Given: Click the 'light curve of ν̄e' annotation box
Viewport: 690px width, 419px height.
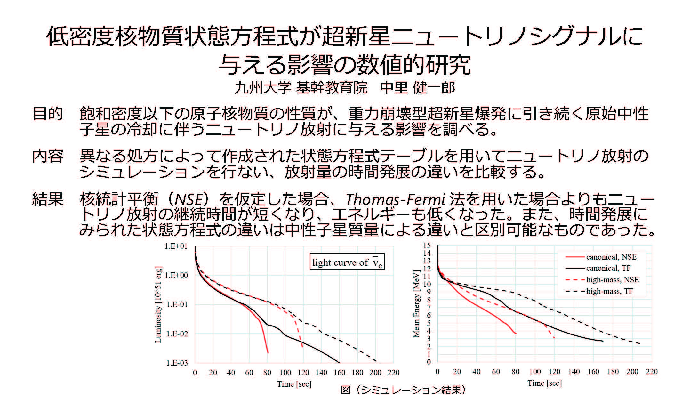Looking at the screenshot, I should [x=347, y=262].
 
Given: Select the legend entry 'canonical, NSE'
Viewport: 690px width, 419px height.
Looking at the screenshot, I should [x=611, y=257].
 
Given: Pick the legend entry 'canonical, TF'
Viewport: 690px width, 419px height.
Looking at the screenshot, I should [x=608, y=268].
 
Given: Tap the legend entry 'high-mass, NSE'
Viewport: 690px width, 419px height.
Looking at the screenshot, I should [x=612, y=280].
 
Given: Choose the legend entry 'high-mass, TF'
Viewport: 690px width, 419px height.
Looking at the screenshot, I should [x=609, y=291].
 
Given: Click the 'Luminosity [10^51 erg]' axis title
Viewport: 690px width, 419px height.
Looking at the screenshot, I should [x=158, y=304].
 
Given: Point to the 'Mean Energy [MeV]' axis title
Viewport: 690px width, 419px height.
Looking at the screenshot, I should [x=416, y=304].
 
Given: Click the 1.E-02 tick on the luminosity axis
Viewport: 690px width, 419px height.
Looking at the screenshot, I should [x=177, y=334].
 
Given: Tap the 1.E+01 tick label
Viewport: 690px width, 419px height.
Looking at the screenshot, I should [x=176, y=246].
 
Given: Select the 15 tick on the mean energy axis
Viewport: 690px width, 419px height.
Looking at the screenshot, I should [x=427, y=246].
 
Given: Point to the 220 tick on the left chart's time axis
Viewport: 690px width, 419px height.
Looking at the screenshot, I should [x=393, y=373].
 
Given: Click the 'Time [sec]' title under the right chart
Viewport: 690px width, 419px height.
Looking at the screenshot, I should [x=544, y=383].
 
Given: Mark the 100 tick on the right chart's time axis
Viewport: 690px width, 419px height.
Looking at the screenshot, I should [x=535, y=372].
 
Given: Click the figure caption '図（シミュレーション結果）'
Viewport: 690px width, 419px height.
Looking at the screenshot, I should [x=403, y=390].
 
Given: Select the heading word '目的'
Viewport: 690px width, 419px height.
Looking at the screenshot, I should [x=48, y=114].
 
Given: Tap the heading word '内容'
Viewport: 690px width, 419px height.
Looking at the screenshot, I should [x=48, y=156].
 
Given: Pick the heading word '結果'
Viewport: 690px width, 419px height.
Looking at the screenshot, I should [x=48, y=199].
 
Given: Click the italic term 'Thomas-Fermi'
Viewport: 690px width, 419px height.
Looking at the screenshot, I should [x=396, y=200].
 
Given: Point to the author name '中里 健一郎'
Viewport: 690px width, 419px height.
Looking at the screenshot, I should [x=417, y=88].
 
